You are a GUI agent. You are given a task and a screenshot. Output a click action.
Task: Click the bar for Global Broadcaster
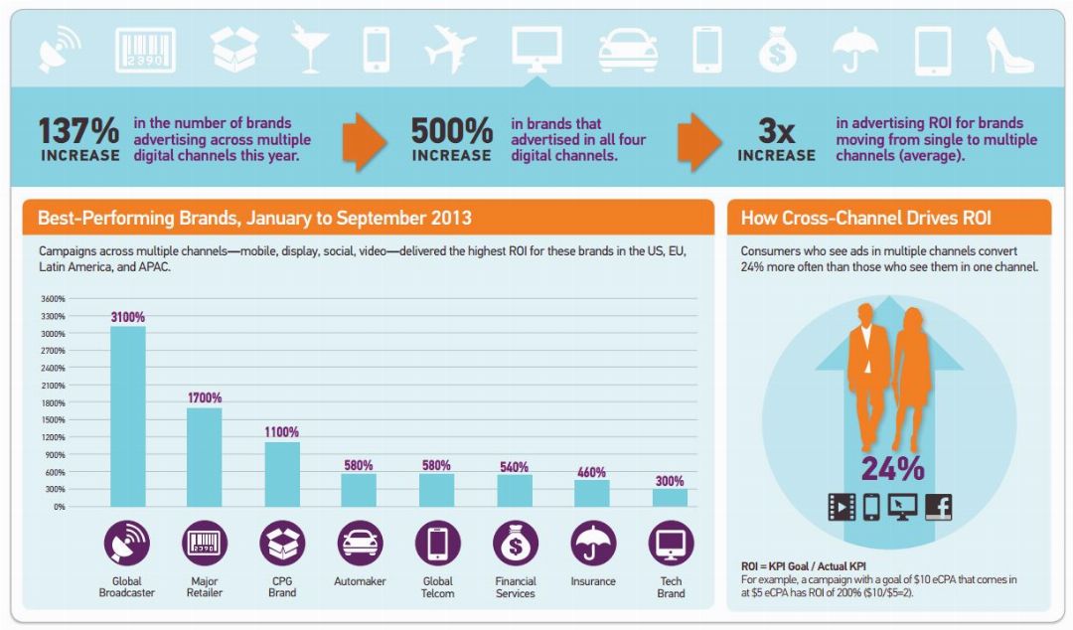tap(127, 416)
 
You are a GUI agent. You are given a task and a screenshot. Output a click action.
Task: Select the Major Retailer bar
tap(205, 456)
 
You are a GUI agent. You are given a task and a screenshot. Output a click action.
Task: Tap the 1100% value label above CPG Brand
tap(282, 432)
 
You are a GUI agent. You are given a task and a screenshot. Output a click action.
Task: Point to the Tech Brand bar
tap(671, 497)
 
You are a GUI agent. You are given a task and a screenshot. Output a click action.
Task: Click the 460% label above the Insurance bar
tap(592, 472)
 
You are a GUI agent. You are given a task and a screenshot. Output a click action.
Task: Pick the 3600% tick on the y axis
tap(52, 298)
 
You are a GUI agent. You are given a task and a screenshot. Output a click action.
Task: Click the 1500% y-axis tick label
tap(52, 419)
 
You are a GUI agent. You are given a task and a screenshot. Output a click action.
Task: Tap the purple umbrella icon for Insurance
tap(593, 544)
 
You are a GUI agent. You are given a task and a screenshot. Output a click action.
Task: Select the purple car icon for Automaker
tap(360, 544)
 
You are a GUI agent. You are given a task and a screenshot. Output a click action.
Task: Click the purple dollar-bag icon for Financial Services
tap(516, 544)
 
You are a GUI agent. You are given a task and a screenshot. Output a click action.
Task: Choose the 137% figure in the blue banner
tap(78, 131)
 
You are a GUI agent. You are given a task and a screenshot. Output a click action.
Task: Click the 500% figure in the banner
tap(452, 131)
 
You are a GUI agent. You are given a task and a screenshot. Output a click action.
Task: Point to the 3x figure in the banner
tap(776, 131)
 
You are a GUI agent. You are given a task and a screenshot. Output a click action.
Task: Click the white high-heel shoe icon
tap(1008, 49)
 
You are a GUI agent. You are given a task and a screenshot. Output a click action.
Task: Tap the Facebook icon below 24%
tap(938, 507)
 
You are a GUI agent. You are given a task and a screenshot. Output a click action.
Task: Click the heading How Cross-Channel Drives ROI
tap(865, 218)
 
